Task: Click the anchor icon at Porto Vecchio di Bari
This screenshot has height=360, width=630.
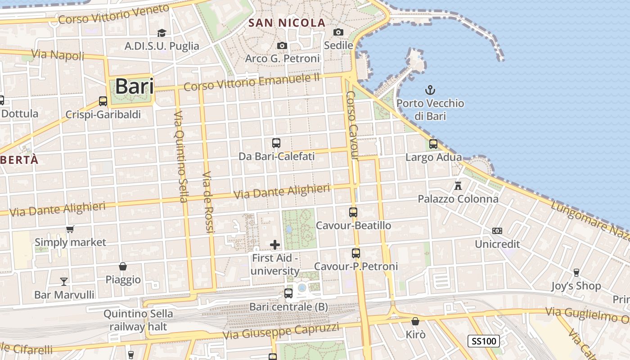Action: (430, 90)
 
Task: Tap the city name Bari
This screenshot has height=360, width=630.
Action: (135, 86)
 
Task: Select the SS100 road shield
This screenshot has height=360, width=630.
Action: (484, 341)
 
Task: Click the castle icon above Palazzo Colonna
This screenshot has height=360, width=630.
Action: (458, 185)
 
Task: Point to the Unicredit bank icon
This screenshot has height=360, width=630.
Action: (497, 231)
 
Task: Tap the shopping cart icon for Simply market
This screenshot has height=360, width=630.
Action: (70, 229)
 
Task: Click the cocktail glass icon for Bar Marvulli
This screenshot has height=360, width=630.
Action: (64, 282)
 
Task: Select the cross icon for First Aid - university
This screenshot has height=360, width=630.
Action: (274, 245)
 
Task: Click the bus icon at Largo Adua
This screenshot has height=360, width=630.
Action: (433, 144)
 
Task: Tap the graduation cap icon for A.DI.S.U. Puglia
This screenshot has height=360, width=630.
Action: (162, 33)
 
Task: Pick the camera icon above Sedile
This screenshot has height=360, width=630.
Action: (338, 32)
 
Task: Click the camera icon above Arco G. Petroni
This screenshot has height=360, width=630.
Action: (282, 45)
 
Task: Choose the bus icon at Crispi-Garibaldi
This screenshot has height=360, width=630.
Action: (103, 101)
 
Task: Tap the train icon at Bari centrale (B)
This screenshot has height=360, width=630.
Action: (288, 293)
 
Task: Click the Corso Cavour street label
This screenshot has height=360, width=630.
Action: (352, 126)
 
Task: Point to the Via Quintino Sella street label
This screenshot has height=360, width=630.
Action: (180, 156)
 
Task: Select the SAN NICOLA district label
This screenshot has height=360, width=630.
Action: (287, 23)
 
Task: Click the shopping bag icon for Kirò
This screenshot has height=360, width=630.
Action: (415, 322)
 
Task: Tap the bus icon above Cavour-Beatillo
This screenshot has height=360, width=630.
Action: (353, 212)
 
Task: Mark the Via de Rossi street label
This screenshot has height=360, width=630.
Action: (207, 202)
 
